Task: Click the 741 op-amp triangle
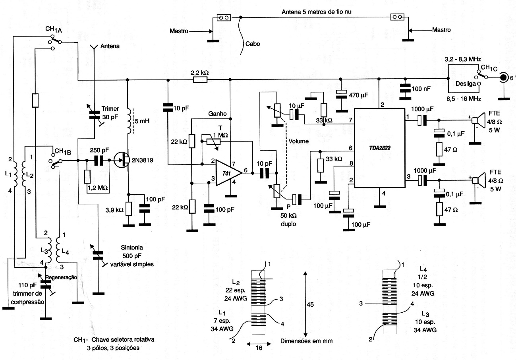228,173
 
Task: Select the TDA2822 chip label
380,148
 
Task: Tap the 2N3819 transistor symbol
122,160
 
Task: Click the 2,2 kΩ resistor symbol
200,80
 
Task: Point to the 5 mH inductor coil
129,121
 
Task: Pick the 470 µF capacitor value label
358,95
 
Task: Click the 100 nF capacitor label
421,89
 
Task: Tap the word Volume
299,141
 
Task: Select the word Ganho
217,114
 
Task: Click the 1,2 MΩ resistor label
98,188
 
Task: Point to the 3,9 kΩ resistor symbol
129,209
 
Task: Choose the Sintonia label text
132,248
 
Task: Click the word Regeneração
61,277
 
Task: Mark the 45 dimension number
310,305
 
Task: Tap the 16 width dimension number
259,348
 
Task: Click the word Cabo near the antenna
253,44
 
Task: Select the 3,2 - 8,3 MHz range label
463,59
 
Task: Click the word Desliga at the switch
466,84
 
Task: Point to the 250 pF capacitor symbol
99,161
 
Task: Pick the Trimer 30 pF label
110,113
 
